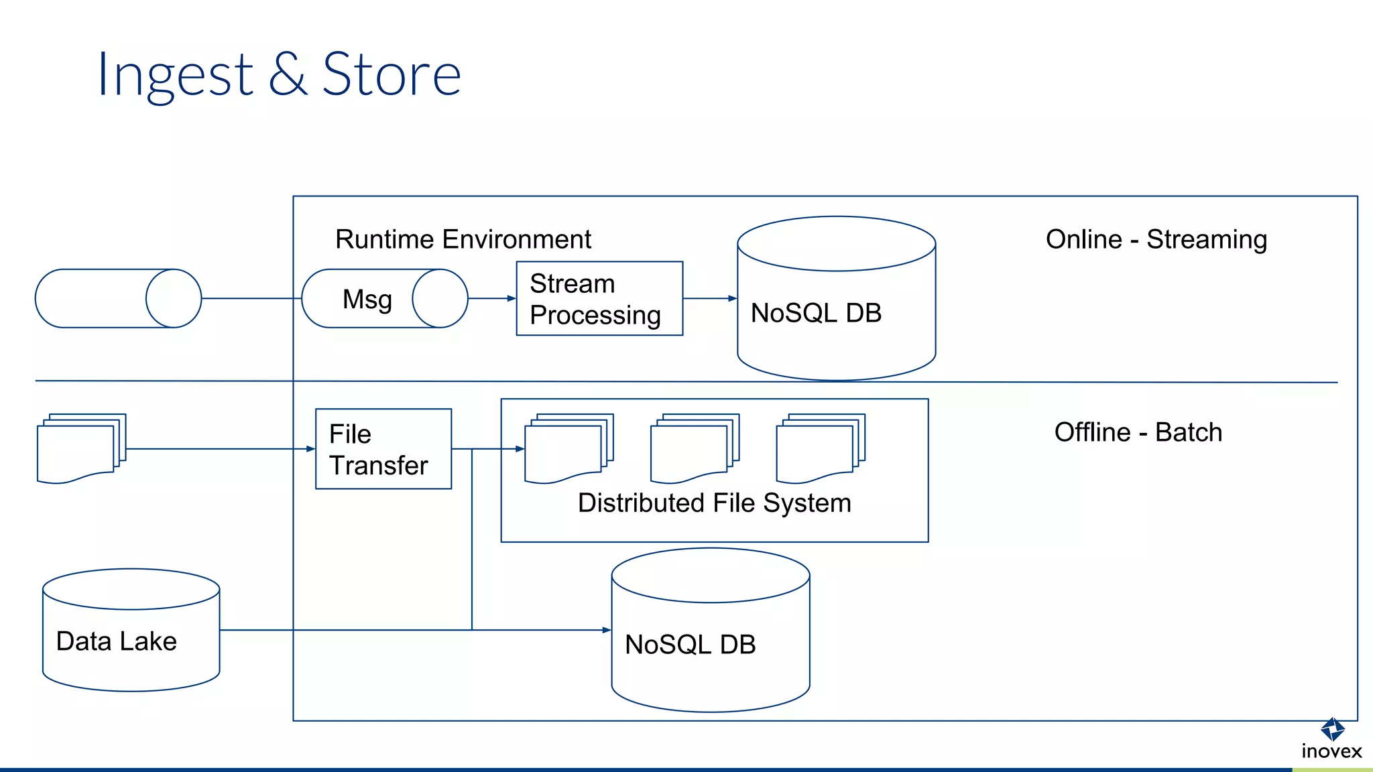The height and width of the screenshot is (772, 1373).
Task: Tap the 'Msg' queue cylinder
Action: click(x=384, y=299)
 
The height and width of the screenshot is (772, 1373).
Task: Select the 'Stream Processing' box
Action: click(x=599, y=299)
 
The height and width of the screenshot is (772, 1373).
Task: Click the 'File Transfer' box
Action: click(x=383, y=449)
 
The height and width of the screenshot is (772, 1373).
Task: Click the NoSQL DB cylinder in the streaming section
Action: click(x=835, y=312)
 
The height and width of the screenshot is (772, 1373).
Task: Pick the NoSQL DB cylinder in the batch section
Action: click(x=710, y=643)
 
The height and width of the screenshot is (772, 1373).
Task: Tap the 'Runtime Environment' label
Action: click(x=463, y=239)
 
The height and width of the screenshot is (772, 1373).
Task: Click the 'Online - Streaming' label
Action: click(x=1156, y=239)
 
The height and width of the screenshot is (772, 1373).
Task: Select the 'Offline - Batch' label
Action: click(x=1138, y=432)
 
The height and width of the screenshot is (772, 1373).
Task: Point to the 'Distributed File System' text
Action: click(x=714, y=503)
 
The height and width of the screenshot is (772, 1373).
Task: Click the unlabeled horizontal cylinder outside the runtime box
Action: click(x=118, y=299)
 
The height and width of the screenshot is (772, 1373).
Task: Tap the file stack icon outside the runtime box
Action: click(x=81, y=448)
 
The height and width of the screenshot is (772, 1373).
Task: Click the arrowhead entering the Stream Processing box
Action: click(x=512, y=299)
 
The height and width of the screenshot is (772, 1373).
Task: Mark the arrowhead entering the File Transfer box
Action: click(x=310, y=449)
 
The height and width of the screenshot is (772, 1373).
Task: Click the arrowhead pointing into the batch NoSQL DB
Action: click(x=607, y=630)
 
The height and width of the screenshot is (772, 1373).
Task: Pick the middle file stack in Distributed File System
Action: click(x=694, y=448)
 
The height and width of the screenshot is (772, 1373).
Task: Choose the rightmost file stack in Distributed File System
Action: click(x=820, y=448)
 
